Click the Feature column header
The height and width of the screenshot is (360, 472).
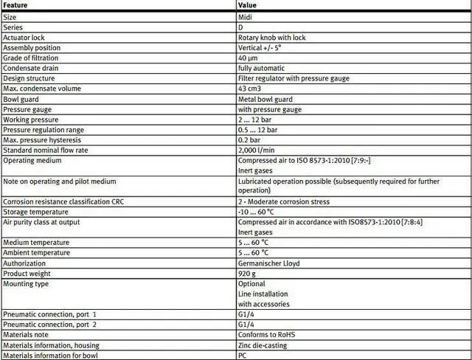(17, 4)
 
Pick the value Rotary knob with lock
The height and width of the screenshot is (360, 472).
(272, 38)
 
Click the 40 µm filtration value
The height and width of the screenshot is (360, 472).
(247, 58)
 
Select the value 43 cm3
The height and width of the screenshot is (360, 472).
(249, 89)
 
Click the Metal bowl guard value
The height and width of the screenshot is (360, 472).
(265, 99)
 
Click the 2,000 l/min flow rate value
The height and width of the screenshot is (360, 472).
(255, 150)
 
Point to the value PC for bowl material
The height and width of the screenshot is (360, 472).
(242, 355)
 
